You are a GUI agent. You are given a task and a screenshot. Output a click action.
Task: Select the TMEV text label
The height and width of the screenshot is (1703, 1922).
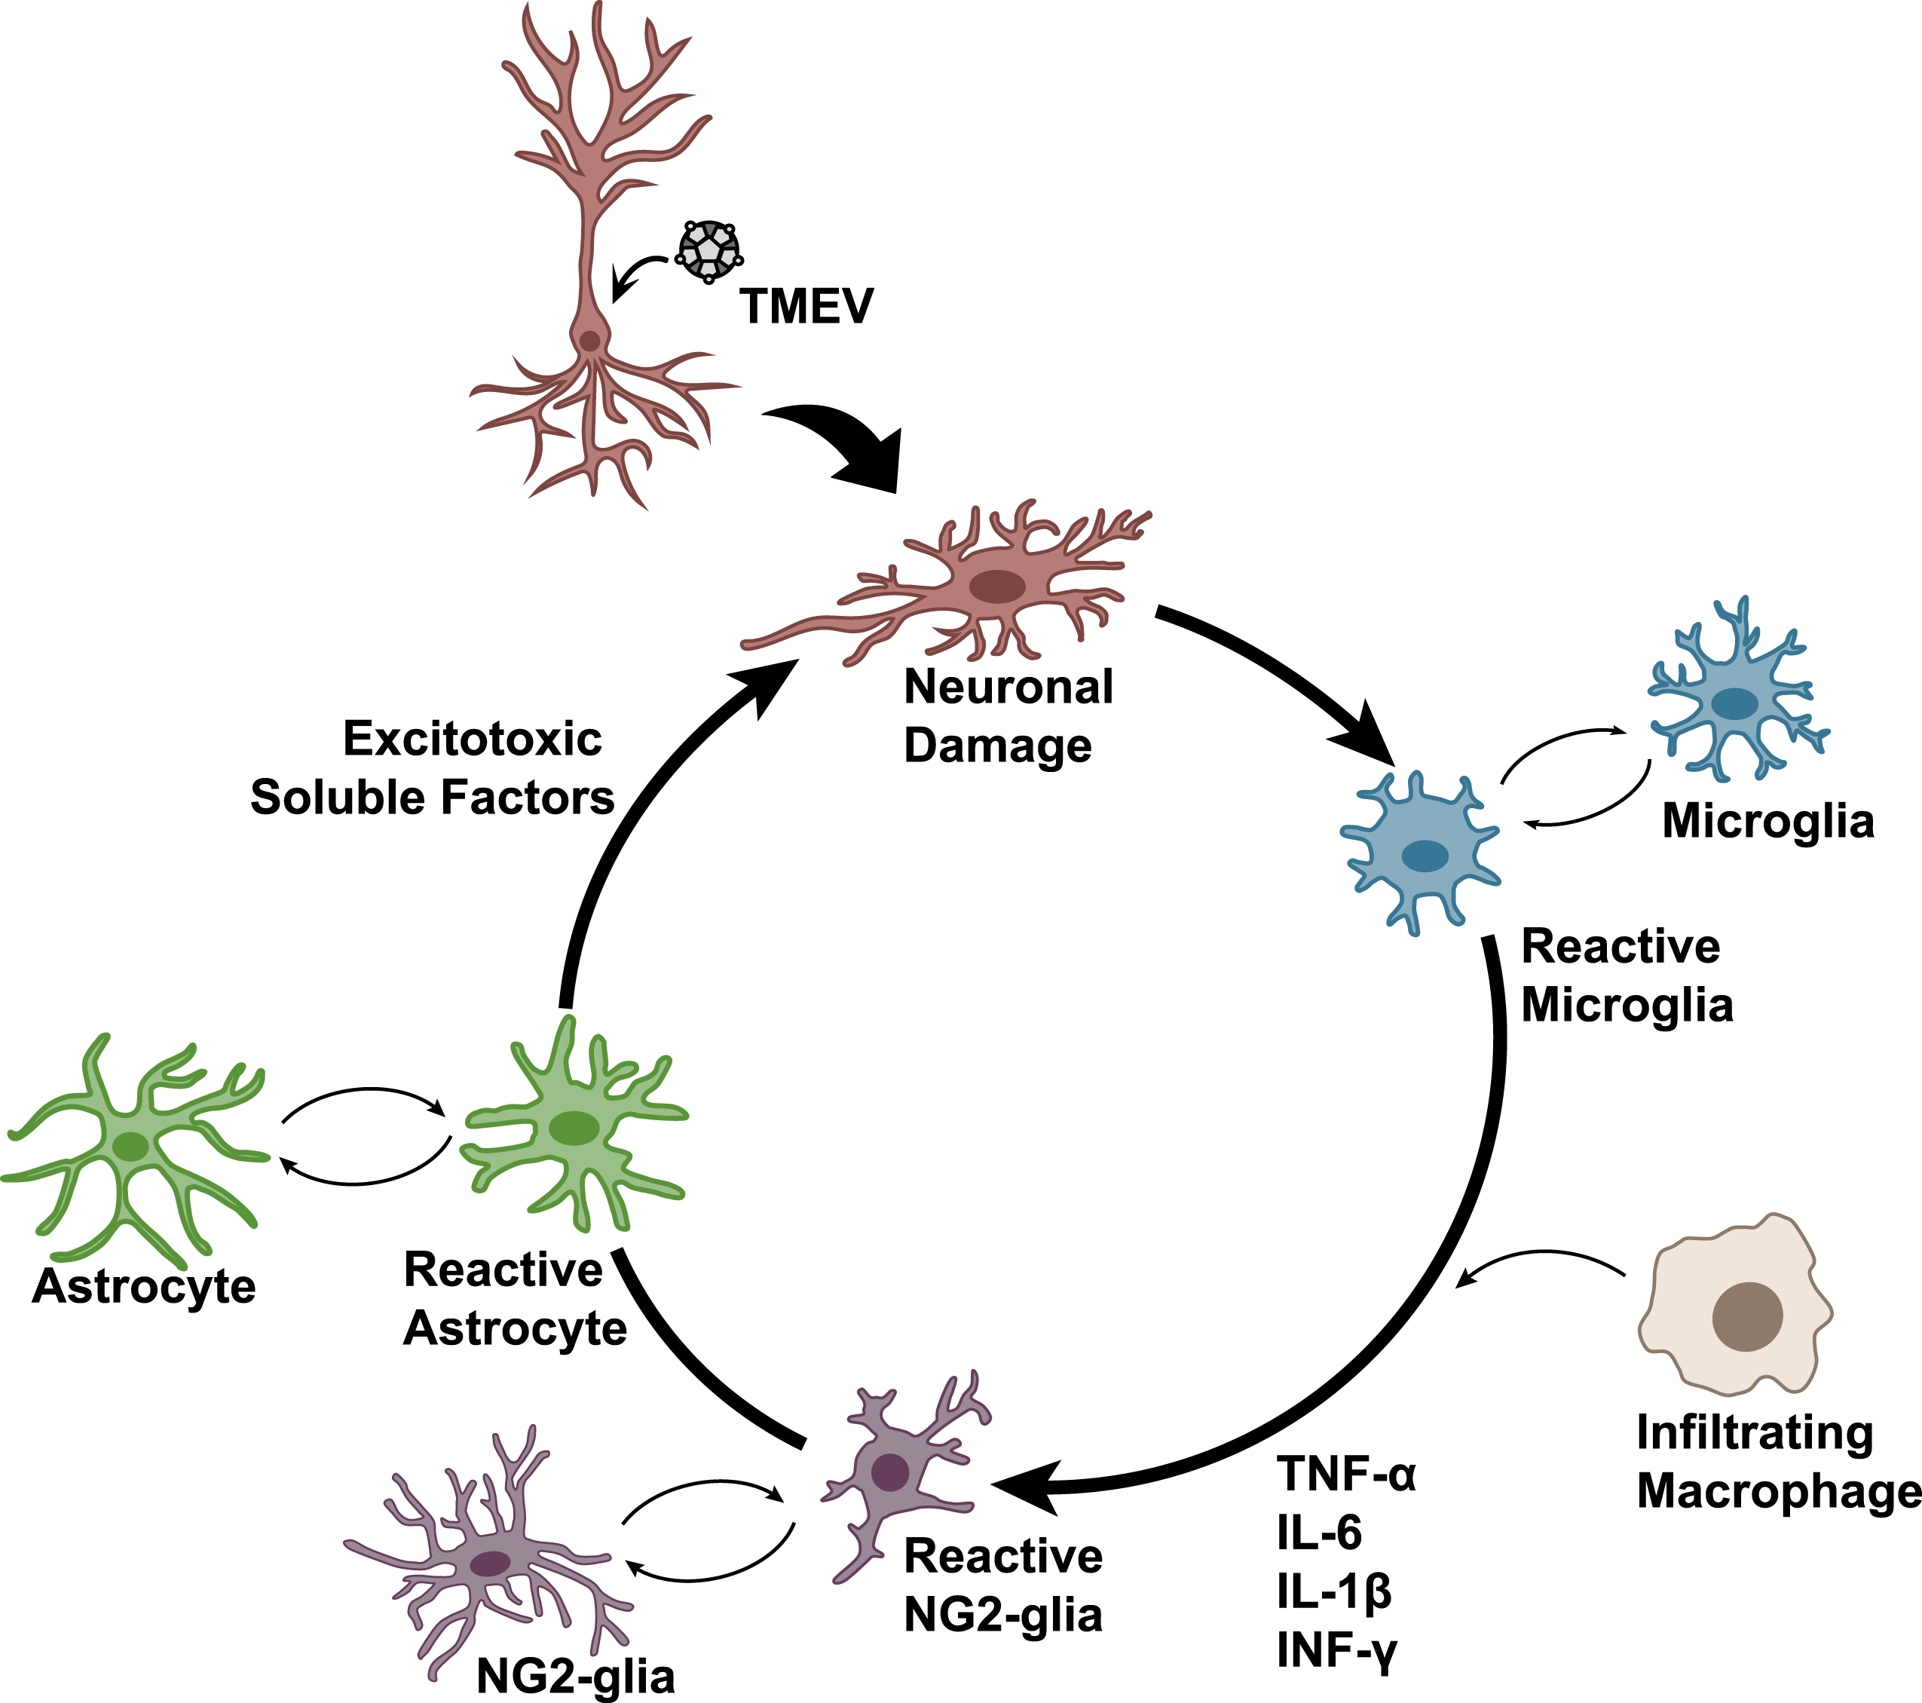coord(806,307)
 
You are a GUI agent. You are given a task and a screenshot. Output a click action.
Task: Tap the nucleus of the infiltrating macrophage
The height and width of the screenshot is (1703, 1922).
coord(1747,1316)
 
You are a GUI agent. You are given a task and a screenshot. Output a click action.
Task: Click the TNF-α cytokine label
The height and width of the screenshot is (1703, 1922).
coord(1345,1474)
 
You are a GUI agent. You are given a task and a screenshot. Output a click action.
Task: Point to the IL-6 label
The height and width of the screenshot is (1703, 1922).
coord(1319,1533)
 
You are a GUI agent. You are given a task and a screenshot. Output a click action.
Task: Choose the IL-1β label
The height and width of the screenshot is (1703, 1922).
coord(1333,1592)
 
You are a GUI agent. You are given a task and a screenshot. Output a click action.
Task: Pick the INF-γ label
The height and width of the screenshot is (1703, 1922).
coord(1337,1651)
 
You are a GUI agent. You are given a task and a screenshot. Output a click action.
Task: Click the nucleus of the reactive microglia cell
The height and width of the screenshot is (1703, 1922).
coord(1425,856)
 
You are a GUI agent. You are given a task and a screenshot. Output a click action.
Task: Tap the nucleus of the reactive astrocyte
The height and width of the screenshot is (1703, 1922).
coord(574,1129)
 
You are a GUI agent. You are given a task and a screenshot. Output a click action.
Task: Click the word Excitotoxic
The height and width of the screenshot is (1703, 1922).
coord(472,738)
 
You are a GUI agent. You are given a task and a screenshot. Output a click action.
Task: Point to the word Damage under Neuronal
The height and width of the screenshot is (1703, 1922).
coord(998,746)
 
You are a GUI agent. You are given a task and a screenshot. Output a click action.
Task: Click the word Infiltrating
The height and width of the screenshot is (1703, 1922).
coord(1755,1432)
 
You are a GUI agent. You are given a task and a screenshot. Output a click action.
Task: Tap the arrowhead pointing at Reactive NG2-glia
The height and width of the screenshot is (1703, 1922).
coord(1025,1487)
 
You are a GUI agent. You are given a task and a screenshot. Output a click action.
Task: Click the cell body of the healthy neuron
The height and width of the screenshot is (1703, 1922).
coord(589,341)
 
